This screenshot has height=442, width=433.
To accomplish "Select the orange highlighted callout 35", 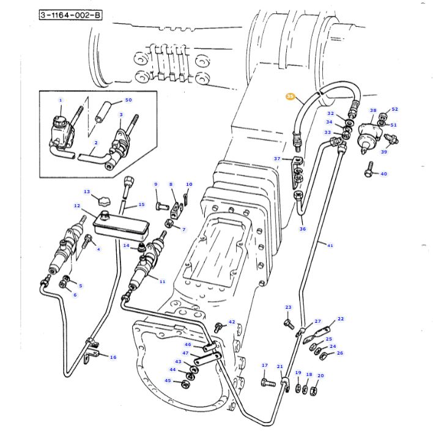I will [291, 97].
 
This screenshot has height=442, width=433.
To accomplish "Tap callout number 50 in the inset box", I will [128, 100].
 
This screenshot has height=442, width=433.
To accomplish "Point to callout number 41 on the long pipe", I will [330, 246].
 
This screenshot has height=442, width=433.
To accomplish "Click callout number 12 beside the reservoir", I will [77, 206].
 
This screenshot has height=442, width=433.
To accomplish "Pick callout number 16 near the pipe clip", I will [113, 357].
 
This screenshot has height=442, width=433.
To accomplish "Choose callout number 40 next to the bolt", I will [383, 174].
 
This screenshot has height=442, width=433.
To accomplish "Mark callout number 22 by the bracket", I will [341, 319].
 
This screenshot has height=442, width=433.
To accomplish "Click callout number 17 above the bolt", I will [265, 366].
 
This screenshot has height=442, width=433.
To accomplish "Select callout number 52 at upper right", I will [394, 109].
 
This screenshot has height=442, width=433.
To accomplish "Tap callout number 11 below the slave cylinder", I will [162, 282].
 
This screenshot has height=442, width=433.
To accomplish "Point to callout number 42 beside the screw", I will [232, 322].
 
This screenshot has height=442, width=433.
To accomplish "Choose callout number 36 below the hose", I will [302, 229].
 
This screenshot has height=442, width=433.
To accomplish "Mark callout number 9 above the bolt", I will [155, 184].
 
